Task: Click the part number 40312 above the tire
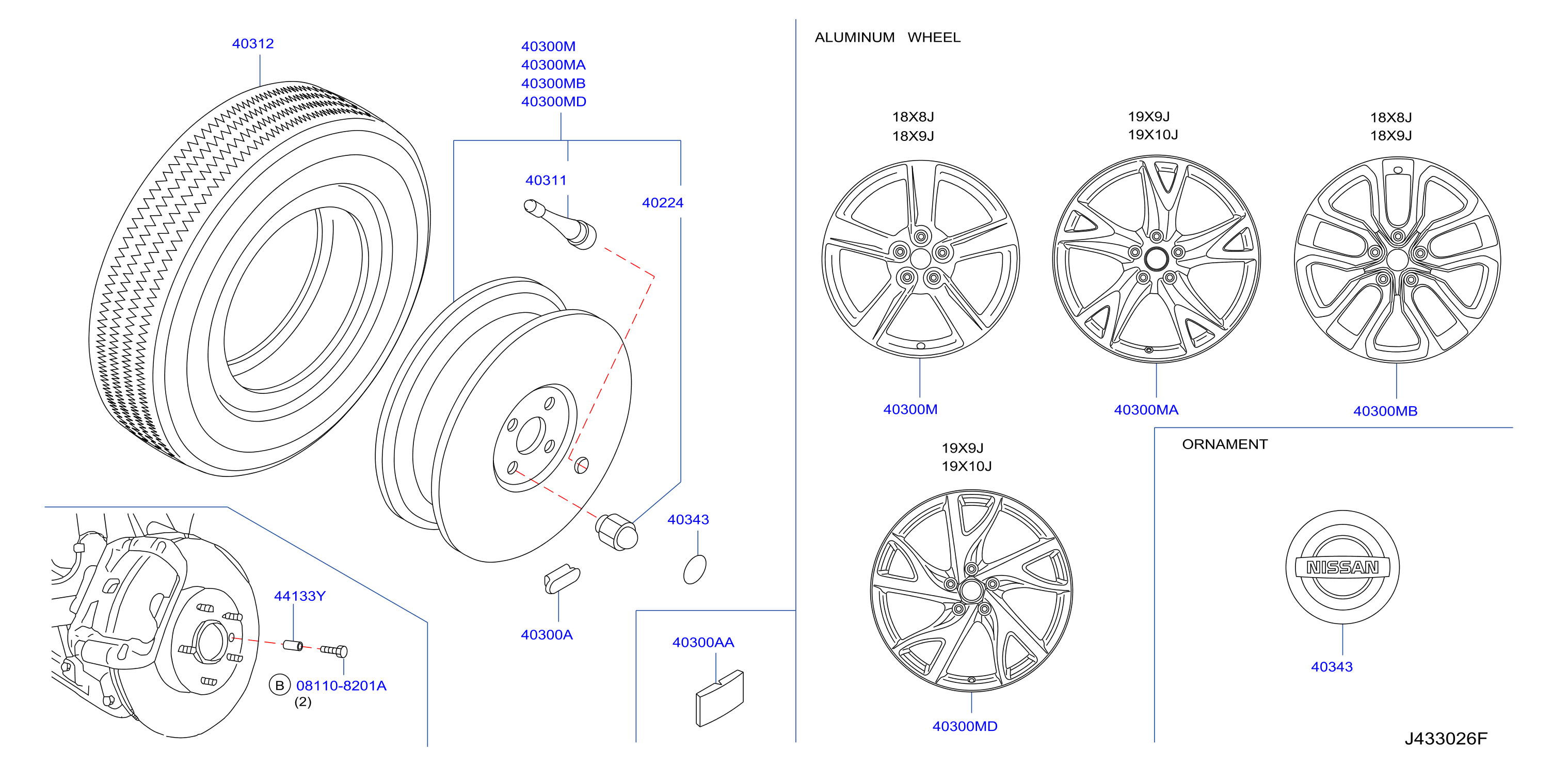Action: click(252, 44)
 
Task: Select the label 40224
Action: click(663, 203)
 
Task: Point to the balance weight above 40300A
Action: click(562, 579)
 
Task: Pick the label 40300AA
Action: click(703, 643)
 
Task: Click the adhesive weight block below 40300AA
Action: click(719, 698)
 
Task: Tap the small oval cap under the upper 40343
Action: click(695, 569)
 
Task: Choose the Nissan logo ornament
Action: click(1342, 567)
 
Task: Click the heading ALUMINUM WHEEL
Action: click(887, 37)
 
